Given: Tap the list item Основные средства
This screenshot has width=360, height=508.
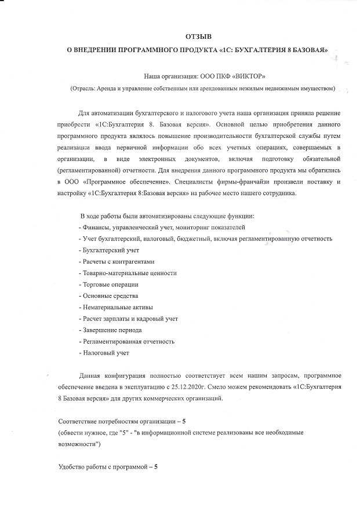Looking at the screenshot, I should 108,295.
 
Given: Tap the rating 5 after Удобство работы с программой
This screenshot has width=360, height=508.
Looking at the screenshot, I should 155,467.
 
